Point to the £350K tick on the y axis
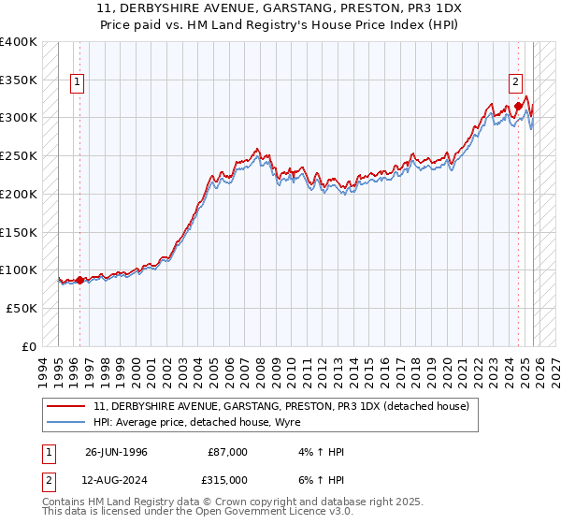point(19,80)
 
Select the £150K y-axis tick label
point(19,232)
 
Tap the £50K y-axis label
point(22,308)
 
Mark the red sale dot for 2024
point(518,106)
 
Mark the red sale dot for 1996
point(80,279)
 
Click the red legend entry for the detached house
point(286,407)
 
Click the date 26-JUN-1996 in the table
point(116,452)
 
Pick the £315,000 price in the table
point(227,480)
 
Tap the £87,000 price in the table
point(227,452)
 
